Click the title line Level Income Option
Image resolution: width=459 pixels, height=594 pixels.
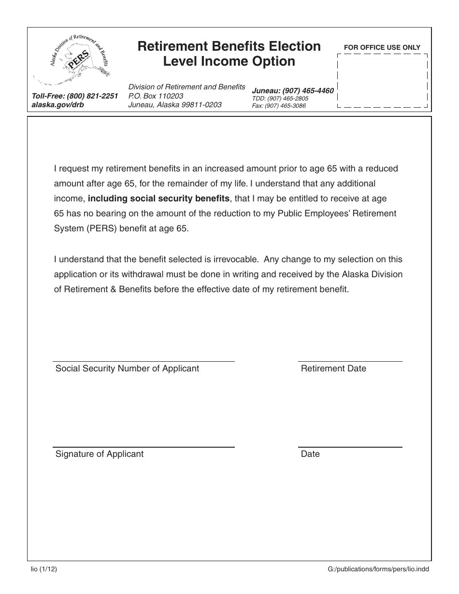[x=229, y=61]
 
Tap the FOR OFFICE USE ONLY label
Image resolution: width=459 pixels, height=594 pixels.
[x=382, y=47]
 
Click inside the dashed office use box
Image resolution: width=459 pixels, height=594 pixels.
[x=382, y=80]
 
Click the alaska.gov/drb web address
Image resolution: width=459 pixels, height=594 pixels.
[x=57, y=104]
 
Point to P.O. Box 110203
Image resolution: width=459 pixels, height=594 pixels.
[x=156, y=96]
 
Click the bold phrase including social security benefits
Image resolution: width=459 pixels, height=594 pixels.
[x=159, y=198]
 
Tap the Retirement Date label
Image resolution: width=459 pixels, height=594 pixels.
[x=333, y=368]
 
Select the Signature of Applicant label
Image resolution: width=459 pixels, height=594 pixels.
[x=99, y=454]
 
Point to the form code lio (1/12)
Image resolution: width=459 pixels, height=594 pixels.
[x=43, y=569]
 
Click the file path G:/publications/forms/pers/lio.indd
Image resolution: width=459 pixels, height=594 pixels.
[x=378, y=569]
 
